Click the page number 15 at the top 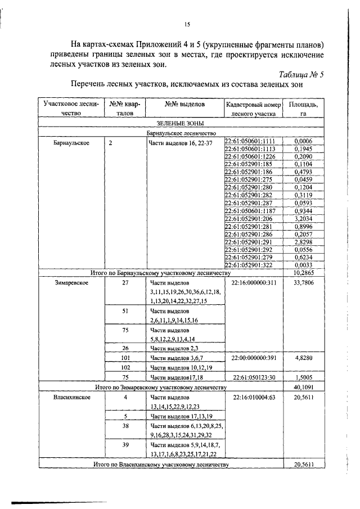coord(188,24)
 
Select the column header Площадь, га coord(303,108)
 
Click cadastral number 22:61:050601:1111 coord(249,140)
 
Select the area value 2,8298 coord(303,241)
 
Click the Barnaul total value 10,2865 coord(303,273)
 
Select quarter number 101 coord(126,357)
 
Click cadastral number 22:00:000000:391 coord(254,357)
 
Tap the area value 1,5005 coord(303,377)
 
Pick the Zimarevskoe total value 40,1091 coord(303,387)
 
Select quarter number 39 coord(126,444)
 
